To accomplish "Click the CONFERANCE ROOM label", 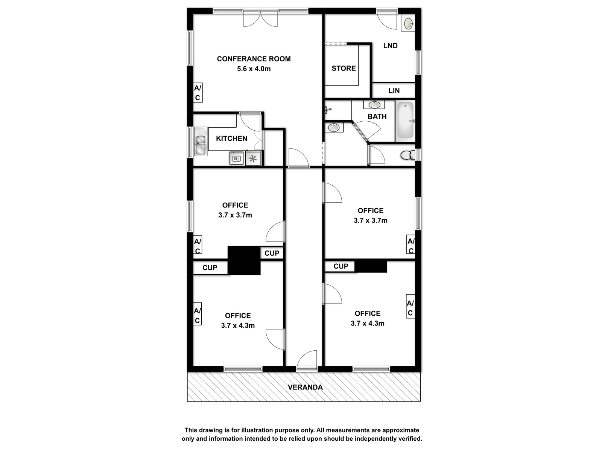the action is pyautogui.click(x=254, y=59).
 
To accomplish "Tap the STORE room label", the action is pyautogui.click(x=344, y=68).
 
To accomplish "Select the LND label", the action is pyautogui.click(x=390, y=46).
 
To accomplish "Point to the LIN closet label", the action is pyautogui.click(x=394, y=90).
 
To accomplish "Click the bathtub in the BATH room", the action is pyautogui.click(x=405, y=121).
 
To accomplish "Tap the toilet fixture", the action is pyautogui.click(x=408, y=155).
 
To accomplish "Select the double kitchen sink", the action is pyautogui.click(x=201, y=142).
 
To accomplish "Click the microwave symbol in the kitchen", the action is pyautogui.click(x=237, y=158).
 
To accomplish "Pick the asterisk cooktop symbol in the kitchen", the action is pyautogui.click(x=253, y=159).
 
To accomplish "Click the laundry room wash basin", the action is pyautogui.click(x=408, y=23).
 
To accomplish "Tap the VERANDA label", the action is pyautogui.click(x=305, y=387).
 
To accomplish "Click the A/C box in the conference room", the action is pyautogui.click(x=198, y=93).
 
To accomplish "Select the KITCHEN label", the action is pyautogui.click(x=231, y=138).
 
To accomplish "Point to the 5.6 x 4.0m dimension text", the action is pyautogui.click(x=254, y=69).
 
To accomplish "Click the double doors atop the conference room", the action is pyautogui.click(x=260, y=19).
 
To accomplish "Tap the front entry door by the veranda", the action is pyautogui.click(x=307, y=360).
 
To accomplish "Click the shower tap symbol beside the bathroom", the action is pyautogui.click(x=328, y=110).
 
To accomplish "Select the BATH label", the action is pyautogui.click(x=377, y=116).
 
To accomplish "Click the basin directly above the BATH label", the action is pyautogui.click(x=374, y=105).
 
